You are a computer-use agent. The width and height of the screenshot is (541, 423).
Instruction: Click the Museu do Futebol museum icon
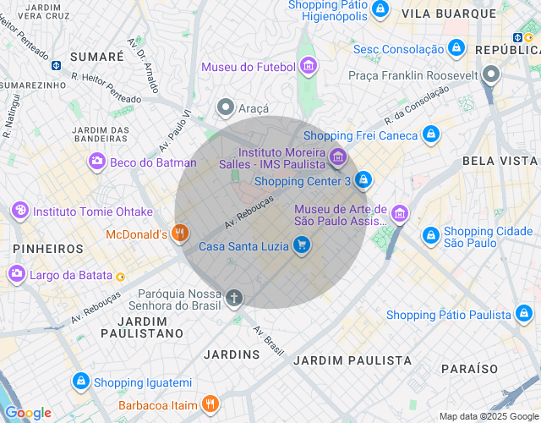[x=309, y=66]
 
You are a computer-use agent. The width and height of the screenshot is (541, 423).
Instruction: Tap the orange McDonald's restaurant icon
[x=179, y=233]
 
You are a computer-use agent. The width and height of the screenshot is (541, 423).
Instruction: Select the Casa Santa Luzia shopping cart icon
[x=302, y=246]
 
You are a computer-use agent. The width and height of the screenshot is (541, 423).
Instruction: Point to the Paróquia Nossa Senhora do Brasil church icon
[x=234, y=298]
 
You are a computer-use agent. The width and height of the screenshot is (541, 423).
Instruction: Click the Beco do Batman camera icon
[x=97, y=162]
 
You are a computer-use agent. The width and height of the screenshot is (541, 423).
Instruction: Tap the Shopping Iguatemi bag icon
[x=80, y=382]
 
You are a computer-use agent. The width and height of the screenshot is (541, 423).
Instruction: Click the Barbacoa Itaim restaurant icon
[x=210, y=404]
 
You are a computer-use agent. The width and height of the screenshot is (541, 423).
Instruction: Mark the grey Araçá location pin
[x=226, y=107]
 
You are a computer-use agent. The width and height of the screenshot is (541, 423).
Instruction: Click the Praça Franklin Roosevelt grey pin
[x=492, y=75]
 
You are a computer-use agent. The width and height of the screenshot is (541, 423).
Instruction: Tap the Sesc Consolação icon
[x=456, y=49]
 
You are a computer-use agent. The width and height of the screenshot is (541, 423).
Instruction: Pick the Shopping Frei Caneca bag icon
[x=431, y=135]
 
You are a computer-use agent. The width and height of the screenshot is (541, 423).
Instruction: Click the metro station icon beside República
[x=516, y=36]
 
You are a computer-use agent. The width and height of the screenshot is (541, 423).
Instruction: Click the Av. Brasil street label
[x=269, y=340]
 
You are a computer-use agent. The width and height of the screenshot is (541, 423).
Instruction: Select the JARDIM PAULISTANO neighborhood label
[x=141, y=327]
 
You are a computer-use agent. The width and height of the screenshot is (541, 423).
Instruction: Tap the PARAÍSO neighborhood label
[x=469, y=369]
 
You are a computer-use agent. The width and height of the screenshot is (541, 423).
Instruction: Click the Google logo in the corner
[x=28, y=413]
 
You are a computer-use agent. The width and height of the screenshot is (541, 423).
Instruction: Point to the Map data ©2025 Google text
[x=489, y=415]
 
